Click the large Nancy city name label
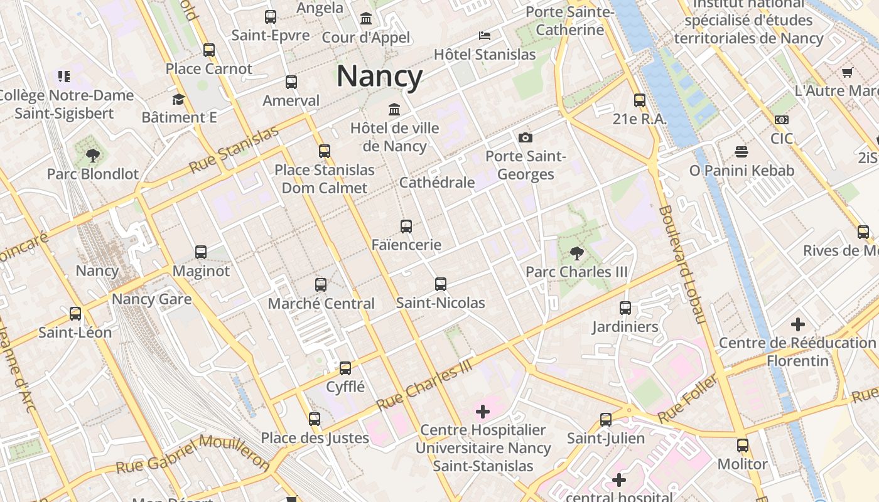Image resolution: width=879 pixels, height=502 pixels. click(380, 77)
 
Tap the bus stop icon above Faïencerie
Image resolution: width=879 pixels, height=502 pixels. click(406, 227)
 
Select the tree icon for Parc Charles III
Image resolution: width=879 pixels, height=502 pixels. click(576, 254)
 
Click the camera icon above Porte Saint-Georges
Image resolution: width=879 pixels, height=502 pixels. click(526, 137)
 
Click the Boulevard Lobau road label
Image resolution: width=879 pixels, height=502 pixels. click(681, 264)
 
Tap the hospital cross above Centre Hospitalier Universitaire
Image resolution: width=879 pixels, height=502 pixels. click(483, 412)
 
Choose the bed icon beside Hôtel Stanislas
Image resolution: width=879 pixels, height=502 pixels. click(485, 36)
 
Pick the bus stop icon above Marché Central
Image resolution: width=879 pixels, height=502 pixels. click(321, 285)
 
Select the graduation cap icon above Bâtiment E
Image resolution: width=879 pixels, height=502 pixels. click(179, 99)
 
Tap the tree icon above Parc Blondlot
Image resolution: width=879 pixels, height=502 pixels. click(93, 155)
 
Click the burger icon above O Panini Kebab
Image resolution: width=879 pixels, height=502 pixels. click(741, 152)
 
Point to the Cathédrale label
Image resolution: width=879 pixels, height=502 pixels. click(437, 183)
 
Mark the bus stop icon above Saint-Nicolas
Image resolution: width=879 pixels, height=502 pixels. click(441, 284)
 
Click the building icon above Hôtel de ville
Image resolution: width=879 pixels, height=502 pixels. click(394, 110)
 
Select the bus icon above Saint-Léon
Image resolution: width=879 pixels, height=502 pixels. click(75, 314)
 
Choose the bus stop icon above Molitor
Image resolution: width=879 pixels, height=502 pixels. click(743, 446)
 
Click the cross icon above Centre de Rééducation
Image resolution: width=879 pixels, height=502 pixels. click(797, 324)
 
